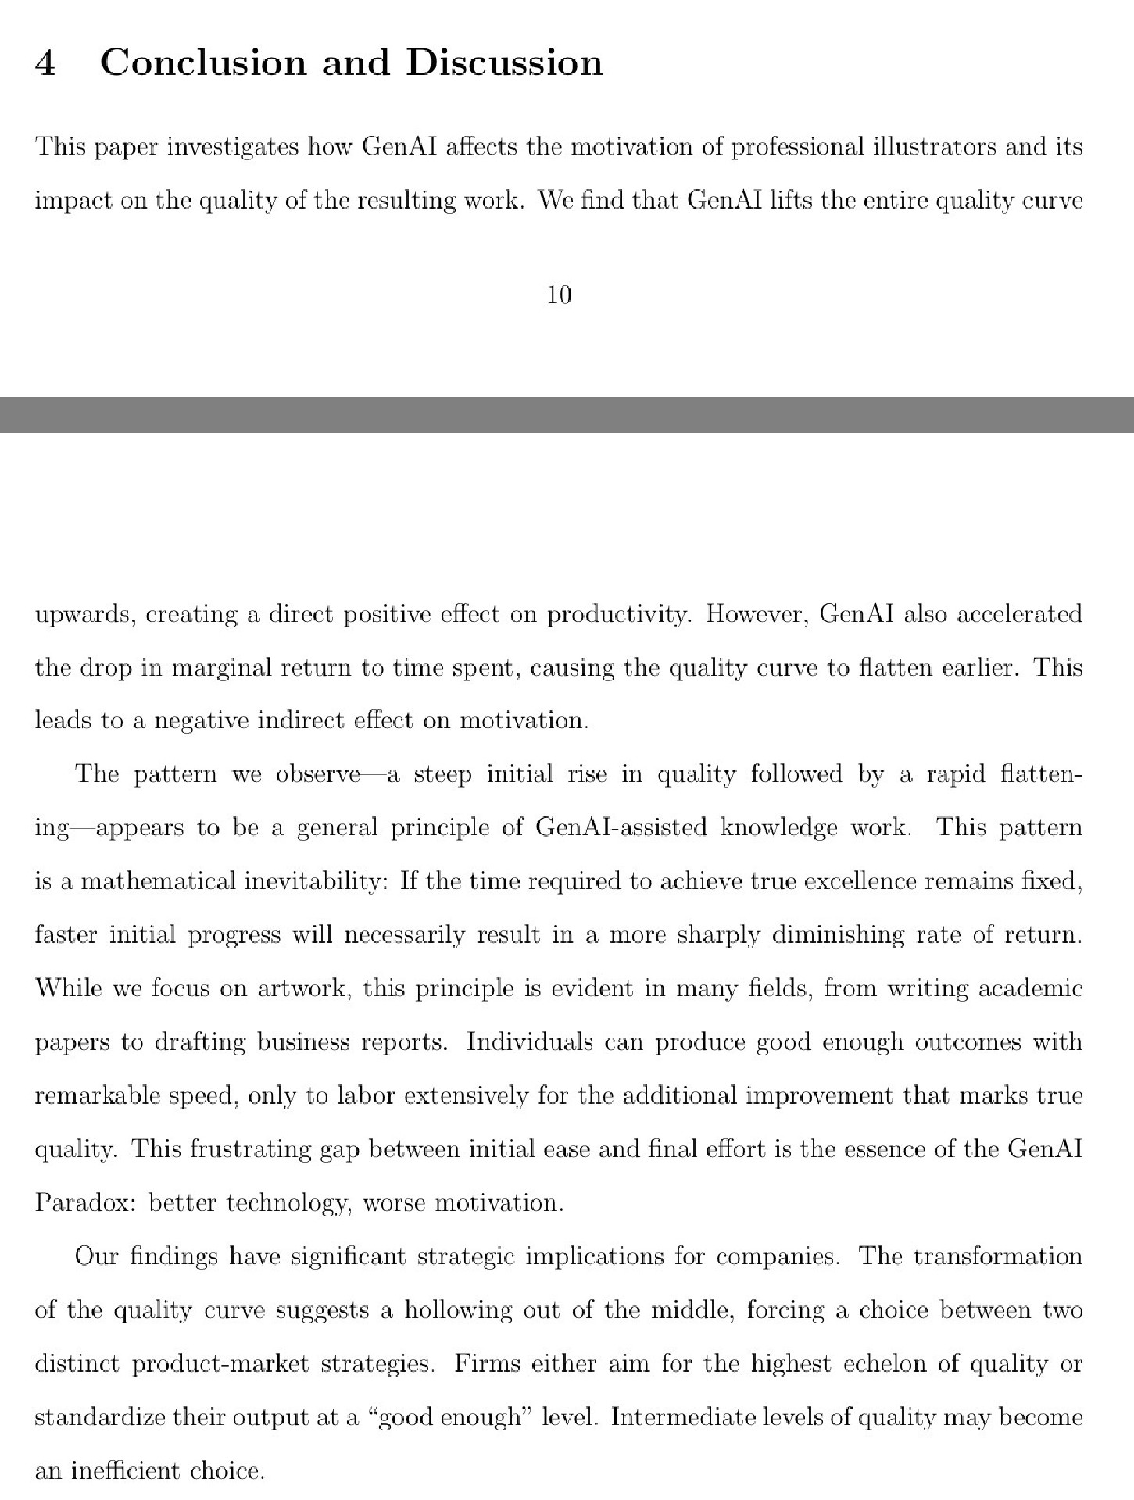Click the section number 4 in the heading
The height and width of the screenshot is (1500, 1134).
(45, 62)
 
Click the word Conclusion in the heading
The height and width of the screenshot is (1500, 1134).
(203, 62)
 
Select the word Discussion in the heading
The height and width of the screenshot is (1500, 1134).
(504, 62)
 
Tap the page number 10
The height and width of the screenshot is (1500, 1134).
(560, 295)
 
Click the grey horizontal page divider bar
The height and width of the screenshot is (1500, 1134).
(567, 414)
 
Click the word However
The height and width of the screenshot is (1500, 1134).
(754, 615)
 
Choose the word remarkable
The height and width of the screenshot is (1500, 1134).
(94, 1095)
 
